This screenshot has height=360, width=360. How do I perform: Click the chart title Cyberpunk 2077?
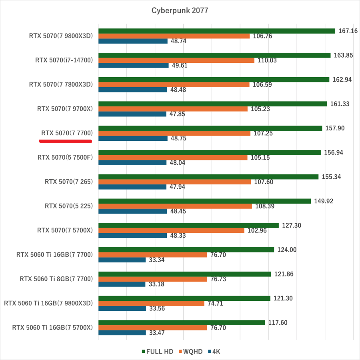click(180, 10)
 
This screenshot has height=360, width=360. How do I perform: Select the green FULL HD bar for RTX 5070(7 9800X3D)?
click(216, 31)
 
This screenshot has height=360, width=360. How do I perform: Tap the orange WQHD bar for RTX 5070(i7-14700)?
click(176, 60)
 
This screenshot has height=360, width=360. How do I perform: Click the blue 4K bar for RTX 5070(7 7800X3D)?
click(132, 90)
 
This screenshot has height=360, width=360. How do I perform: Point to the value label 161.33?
click(340, 104)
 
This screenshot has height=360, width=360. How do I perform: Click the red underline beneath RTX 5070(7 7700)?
click(66, 141)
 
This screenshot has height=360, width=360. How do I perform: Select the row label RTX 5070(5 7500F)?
click(65, 158)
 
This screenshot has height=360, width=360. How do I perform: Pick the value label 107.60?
click(264, 182)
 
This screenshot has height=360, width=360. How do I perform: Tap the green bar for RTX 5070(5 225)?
click(204, 201)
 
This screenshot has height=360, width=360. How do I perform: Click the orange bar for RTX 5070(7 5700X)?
click(171, 230)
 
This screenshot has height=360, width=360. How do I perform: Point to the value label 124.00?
click(287, 250)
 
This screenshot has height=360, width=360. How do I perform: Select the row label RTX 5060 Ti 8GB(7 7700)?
click(56, 279)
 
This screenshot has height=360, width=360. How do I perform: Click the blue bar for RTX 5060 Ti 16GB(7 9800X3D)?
click(122, 308)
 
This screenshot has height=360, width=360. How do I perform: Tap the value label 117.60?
click(278, 323)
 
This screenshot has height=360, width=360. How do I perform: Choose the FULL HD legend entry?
click(158, 352)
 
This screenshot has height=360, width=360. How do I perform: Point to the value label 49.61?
click(180, 66)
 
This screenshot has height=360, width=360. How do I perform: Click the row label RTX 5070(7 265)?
click(69, 182)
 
